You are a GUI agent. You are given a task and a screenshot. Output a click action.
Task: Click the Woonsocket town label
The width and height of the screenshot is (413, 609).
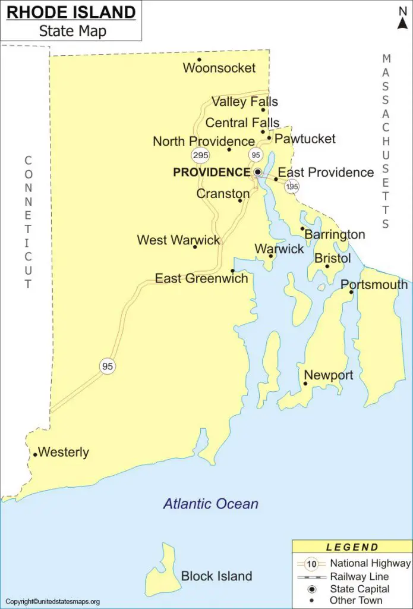pyautogui.click(x=219, y=68)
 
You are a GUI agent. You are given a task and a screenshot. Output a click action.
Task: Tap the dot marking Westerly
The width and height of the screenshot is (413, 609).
pyautogui.click(x=35, y=455)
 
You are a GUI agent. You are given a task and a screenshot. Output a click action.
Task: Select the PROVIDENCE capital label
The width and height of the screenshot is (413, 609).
pyautogui.click(x=212, y=172)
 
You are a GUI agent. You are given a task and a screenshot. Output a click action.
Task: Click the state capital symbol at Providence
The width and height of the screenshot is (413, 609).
pyautogui.click(x=258, y=172)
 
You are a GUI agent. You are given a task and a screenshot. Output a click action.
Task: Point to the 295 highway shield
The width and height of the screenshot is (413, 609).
pyautogui.click(x=200, y=155)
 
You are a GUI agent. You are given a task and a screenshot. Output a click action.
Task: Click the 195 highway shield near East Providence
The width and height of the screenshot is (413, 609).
pyautogui.click(x=291, y=186)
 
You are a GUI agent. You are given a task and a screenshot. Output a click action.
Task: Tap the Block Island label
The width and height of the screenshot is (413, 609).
pyautogui.click(x=216, y=576)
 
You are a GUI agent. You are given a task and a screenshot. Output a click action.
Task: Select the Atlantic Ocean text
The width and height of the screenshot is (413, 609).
pyautogui.click(x=211, y=504)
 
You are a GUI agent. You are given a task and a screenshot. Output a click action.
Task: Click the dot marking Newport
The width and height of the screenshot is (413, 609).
pyautogui.click(x=305, y=384)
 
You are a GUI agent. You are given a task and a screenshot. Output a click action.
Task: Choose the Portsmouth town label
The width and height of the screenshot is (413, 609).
pyautogui.click(x=374, y=285)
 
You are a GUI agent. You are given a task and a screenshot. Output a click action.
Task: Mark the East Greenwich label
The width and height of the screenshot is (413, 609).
pyautogui.click(x=201, y=278)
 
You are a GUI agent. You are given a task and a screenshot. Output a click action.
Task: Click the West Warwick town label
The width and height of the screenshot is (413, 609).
pyautogui.click(x=178, y=240)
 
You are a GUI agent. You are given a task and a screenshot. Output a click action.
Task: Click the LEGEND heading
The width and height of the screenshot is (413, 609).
pyautogui.click(x=352, y=547)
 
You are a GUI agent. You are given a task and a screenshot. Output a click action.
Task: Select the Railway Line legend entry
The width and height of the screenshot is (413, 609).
pyautogui.click(x=360, y=576)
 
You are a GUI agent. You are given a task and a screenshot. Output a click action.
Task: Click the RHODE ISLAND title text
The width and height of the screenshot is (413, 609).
pyautogui.click(x=71, y=12)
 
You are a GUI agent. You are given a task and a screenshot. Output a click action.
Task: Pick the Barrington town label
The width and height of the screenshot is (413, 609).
pyautogui.click(x=335, y=235)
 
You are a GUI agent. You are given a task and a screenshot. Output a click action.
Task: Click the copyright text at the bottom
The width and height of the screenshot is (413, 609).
pyautogui.click(x=52, y=601)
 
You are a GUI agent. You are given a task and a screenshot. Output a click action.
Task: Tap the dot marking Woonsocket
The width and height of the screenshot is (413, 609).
pyautogui.click(x=199, y=59)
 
